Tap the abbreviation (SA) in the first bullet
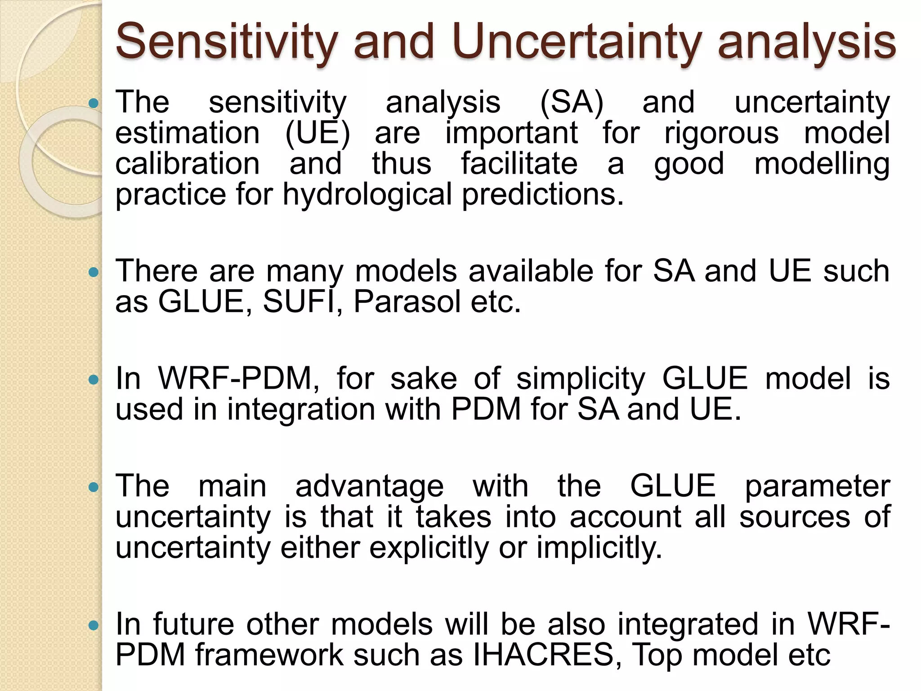point(571,103)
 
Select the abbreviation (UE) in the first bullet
point(317,133)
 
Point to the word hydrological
point(367,195)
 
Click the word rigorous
point(721,133)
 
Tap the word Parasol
point(407,301)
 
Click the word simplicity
point(581,379)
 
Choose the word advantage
point(369,487)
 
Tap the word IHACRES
point(544,655)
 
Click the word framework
point(269,655)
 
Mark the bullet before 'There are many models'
point(94,272)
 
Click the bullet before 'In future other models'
point(94,625)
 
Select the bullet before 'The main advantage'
point(94,487)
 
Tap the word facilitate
point(519,164)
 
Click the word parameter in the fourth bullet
point(817,487)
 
